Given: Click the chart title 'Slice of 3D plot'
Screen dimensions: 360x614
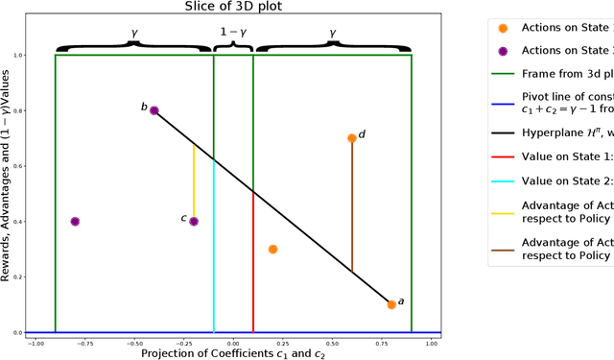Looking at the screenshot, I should click(x=233, y=8).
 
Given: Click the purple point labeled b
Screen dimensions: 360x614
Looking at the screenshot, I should click(x=154, y=110).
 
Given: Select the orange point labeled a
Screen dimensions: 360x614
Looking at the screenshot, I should click(x=391, y=304).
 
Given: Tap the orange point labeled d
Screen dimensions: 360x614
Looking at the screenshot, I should click(x=352, y=138).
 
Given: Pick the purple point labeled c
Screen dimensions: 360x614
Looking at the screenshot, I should click(x=194, y=221).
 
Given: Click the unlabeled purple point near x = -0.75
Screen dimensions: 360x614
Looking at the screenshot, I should click(x=75, y=221).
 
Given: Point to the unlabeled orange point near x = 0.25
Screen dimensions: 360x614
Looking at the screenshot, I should click(x=272, y=249).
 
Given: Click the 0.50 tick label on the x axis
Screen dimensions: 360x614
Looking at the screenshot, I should click(x=332, y=343).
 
